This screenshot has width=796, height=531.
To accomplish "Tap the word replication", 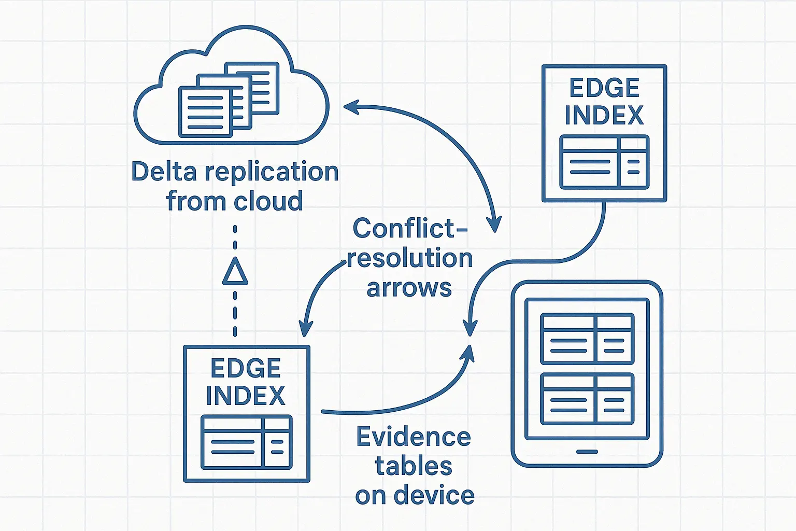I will [272, 172].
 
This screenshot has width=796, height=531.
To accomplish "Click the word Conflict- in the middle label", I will [410, 228].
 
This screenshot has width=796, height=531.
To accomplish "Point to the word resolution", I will [410, 258].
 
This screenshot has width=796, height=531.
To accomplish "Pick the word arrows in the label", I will [409, 288].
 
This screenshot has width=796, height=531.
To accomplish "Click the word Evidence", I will [414, 437].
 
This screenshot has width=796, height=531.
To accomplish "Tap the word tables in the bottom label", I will [414, 466].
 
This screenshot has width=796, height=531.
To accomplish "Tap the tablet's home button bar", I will [587, 452].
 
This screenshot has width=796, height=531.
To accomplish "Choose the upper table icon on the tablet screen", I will [587, 339].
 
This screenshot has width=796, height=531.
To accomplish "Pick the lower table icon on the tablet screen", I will [587, 398].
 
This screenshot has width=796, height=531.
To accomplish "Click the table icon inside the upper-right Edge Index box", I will [604, 162].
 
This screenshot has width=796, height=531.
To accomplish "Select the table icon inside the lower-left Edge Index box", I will [246, 442].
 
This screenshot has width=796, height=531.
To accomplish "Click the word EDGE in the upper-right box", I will [604, 88].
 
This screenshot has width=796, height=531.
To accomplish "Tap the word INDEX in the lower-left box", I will [246, 396].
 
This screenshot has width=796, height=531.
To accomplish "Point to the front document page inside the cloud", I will [205, 111].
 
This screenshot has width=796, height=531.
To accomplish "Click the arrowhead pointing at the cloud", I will [350, 107].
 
